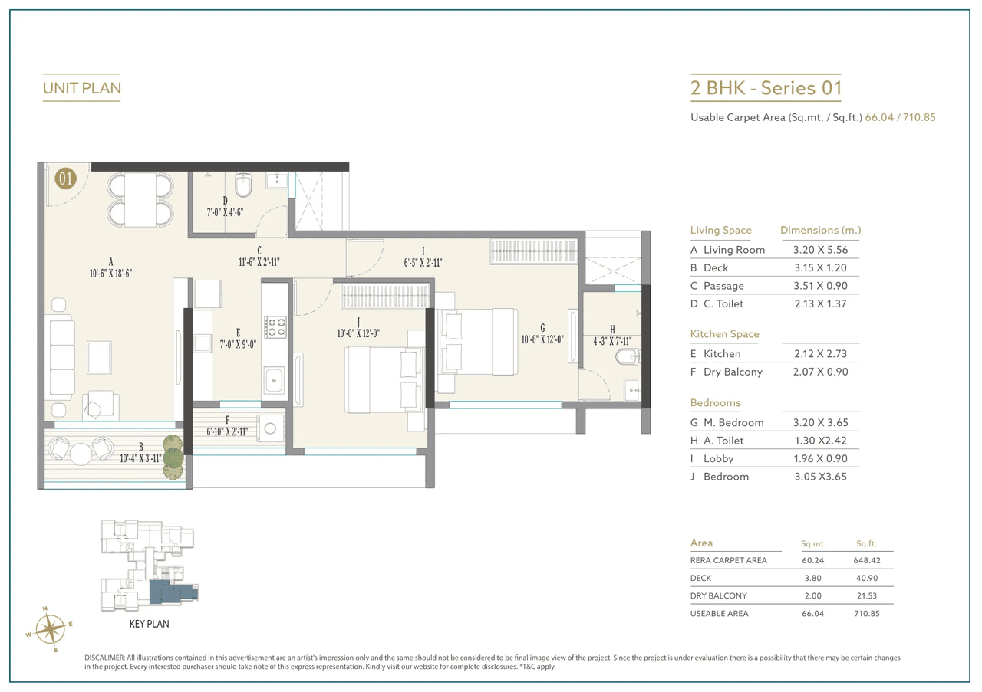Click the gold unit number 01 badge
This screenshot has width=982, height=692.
[65, 179]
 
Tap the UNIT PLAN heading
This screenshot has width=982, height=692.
[81, 88]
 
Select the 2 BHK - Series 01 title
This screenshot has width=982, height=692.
[766, 88]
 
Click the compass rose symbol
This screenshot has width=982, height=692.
[50, 629]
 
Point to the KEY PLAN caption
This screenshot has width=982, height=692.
[149, 624]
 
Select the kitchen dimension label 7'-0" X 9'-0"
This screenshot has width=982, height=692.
[238, 344]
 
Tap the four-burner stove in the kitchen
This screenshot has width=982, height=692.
[275, 327]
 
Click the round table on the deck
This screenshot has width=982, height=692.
[81, 454]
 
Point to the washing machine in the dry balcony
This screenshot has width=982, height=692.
[269, 429]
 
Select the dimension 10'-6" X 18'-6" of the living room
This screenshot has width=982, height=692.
[111, 272]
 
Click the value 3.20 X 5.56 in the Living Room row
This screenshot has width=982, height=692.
[820, 250]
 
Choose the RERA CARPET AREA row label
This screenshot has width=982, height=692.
[728, 560]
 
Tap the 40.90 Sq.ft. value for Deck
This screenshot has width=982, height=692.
[865, 578]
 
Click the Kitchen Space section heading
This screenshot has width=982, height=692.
[724, 334]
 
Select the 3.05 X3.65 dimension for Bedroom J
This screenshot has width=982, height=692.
[820, 477]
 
